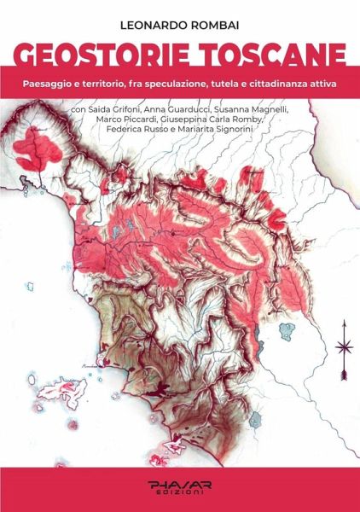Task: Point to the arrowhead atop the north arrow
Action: (345, 325)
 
